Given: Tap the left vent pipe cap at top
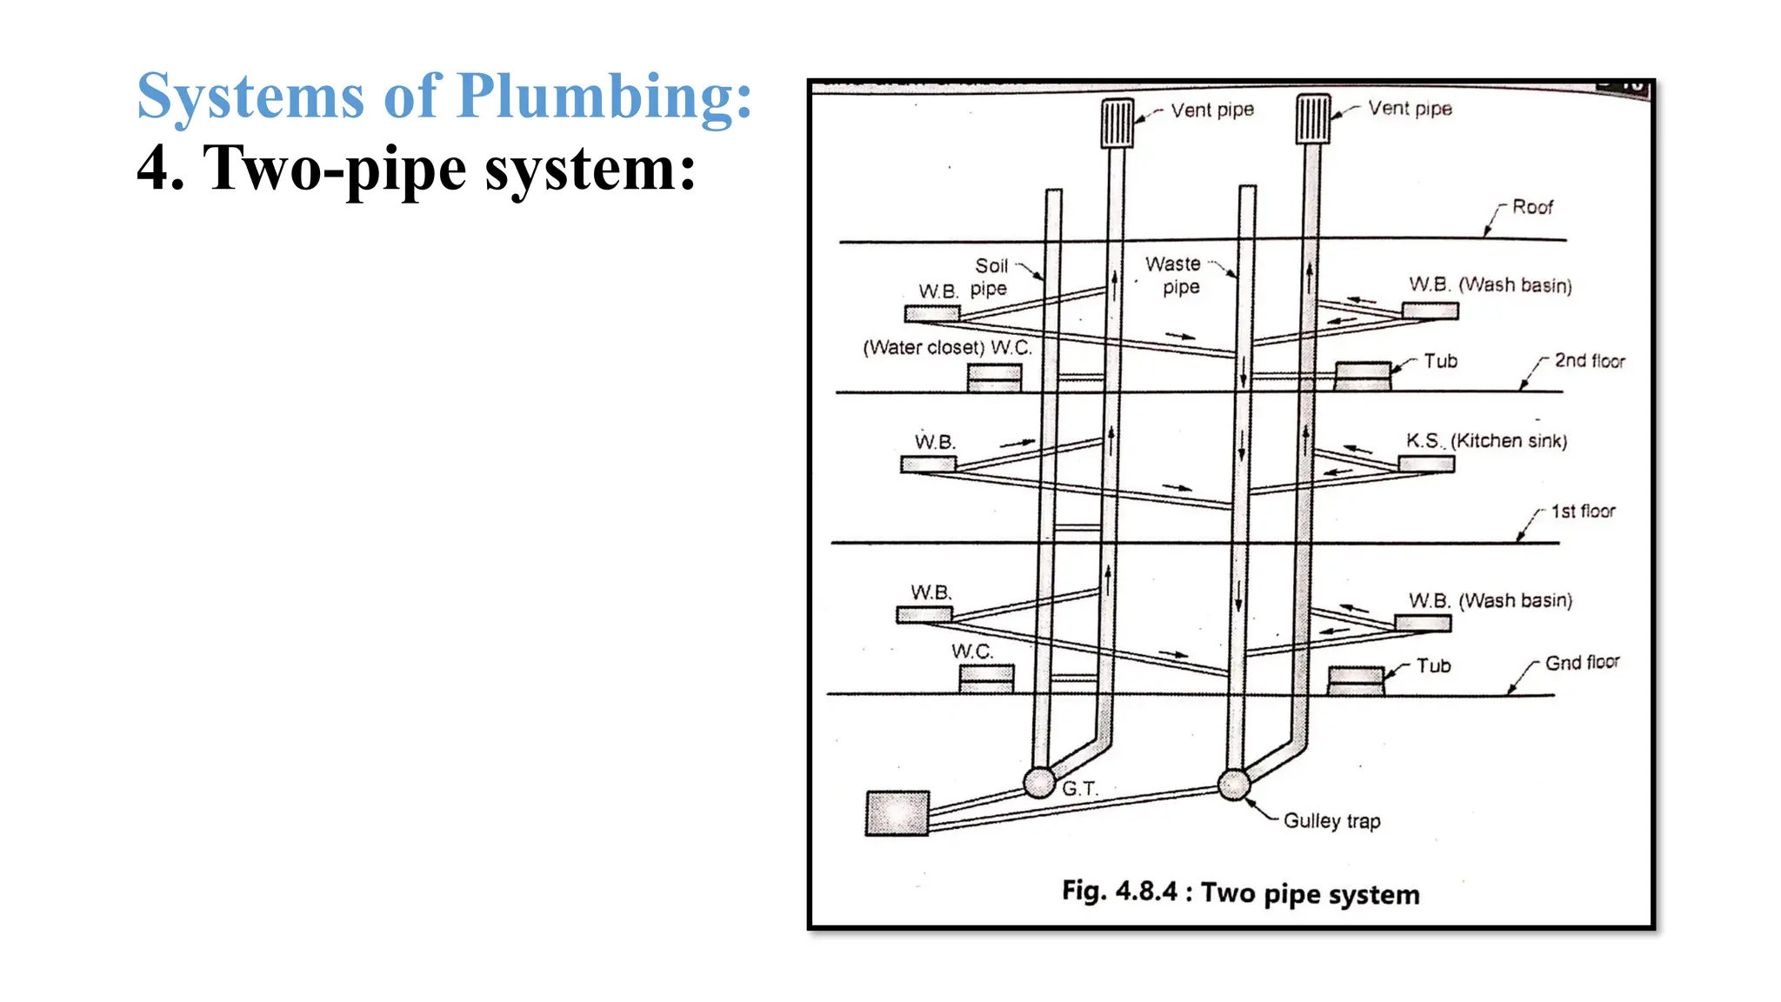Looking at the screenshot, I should pos(1117,123).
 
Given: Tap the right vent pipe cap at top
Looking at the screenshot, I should pos(1313,119).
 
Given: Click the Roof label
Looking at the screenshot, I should pos(1531,207).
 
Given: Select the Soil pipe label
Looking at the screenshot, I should pos(991,277).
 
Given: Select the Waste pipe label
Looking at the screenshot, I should pos(1173,275).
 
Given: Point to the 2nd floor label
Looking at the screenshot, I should pos(1589,361).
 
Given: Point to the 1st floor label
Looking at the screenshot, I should pos(1583,511).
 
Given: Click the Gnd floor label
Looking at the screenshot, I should pos(1582,663).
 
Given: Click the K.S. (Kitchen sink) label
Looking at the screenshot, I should pos(1486,441).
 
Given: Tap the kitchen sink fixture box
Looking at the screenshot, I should pos(1426,464).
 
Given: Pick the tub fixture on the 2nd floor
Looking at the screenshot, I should pos(1363,376).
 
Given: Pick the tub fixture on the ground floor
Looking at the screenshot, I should pos(1356,680).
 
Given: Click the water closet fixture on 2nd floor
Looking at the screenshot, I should pos(995,377).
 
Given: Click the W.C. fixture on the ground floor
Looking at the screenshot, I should pos(986,678).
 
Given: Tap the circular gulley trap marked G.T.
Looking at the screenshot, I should pos(1039,782).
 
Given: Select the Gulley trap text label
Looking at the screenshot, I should pos(1331,821).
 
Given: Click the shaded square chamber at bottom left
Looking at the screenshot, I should pos(897,813).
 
